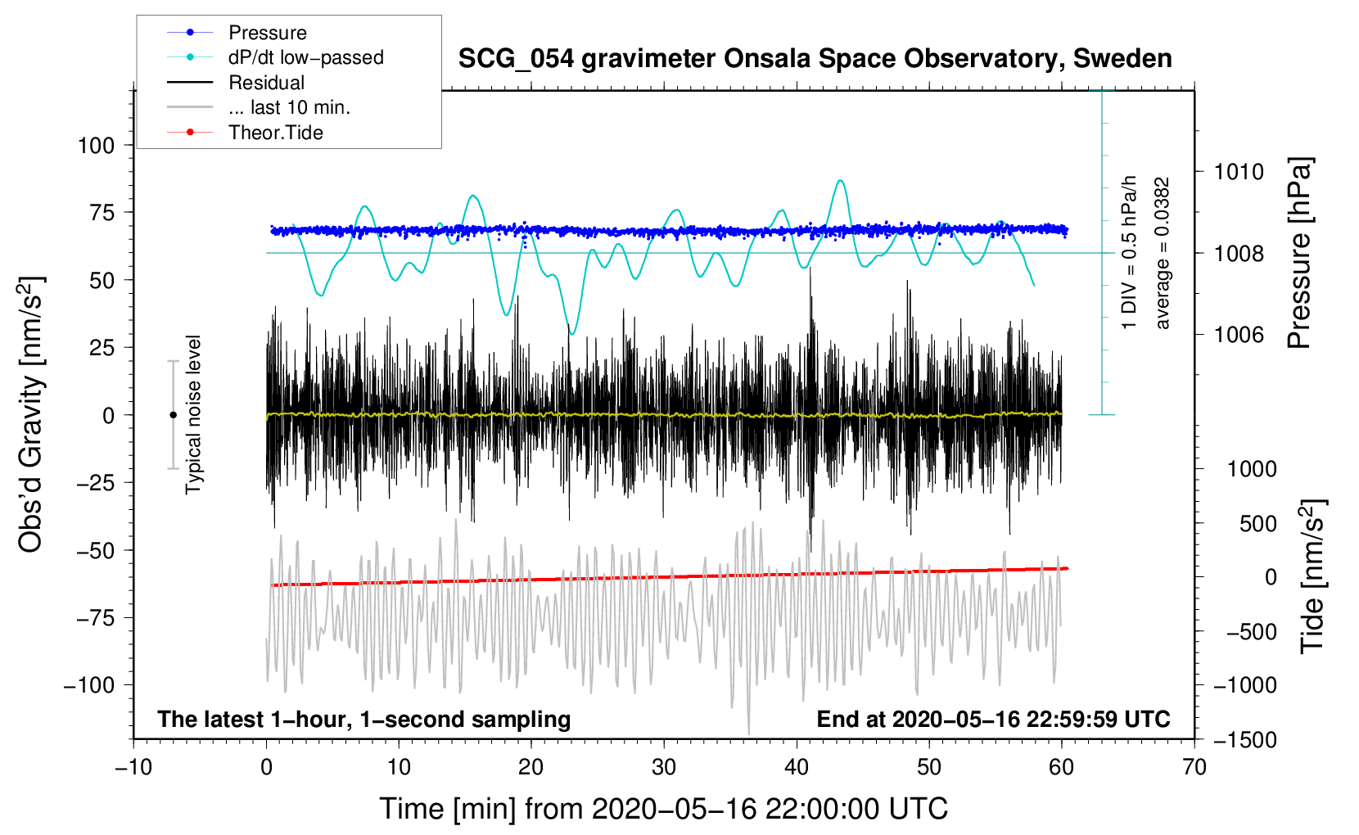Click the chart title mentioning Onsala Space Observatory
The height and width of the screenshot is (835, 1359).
point(815,59)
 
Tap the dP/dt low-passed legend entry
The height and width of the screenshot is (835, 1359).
point(275,57)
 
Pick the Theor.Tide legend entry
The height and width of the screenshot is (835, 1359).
point(245,133)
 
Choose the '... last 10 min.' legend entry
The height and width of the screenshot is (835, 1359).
point(259,107)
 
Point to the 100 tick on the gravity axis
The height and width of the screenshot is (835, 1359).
point(96,146)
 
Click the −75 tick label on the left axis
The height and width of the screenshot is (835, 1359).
point(95,618)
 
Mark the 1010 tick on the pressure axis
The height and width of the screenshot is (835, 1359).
point(1239,172)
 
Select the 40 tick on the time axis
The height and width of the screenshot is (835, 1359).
point(796,768)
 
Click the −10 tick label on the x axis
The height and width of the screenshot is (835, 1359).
point(133,768)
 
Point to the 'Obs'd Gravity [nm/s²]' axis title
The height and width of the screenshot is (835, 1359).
point(30,414)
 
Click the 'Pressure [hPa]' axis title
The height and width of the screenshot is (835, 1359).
point(1299,254)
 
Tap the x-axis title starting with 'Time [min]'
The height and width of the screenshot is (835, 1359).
point(664,809)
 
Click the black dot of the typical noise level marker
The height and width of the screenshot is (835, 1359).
point(173,415)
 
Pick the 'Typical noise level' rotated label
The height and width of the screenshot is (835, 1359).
point(192,415)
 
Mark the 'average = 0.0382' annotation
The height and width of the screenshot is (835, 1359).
point(1161,253)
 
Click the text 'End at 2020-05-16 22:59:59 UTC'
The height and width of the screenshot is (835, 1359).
point(993,719)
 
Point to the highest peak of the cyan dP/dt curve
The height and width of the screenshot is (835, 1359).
point(840,180)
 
